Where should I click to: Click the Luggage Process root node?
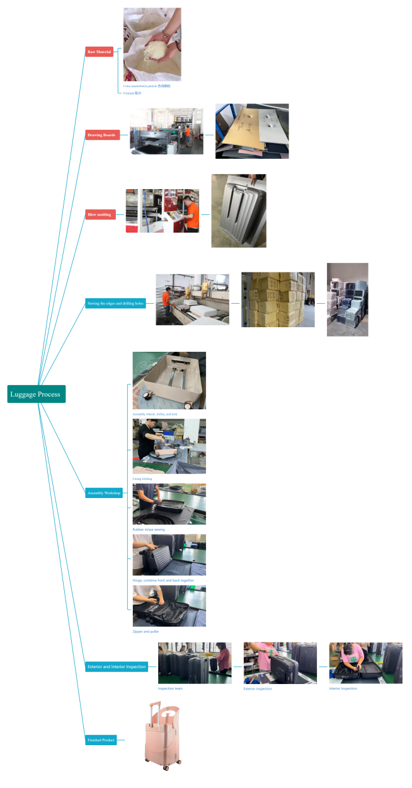click(x=36, y=394)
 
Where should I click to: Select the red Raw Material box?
click(x=100, y=52)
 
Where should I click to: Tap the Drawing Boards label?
click(x=102, y=134)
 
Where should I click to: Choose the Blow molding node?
click(x=100, y=214)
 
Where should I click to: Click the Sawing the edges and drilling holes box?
click(x=115, y=303)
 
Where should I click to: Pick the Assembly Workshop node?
click(x=104, y=493)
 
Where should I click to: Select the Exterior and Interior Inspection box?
click(x=117, y=666)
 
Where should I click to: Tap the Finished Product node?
click(x=101, y=739)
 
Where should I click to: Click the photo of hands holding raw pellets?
click(x=152, y=44)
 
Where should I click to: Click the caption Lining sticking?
click(x=142, y=478)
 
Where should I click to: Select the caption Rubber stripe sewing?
click(x=149, y=530)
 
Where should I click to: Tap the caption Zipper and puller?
click(x=146, y=631)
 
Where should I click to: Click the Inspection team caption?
click(x=170, y=688)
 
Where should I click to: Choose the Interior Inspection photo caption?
click(x=343, y=688)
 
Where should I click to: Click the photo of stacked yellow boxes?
click(x=278, y=299)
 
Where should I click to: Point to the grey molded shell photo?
click(x=238, y=211)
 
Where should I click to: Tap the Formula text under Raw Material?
click(x=132, y=93)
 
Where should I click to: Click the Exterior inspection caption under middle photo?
click(x=258, y=689)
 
